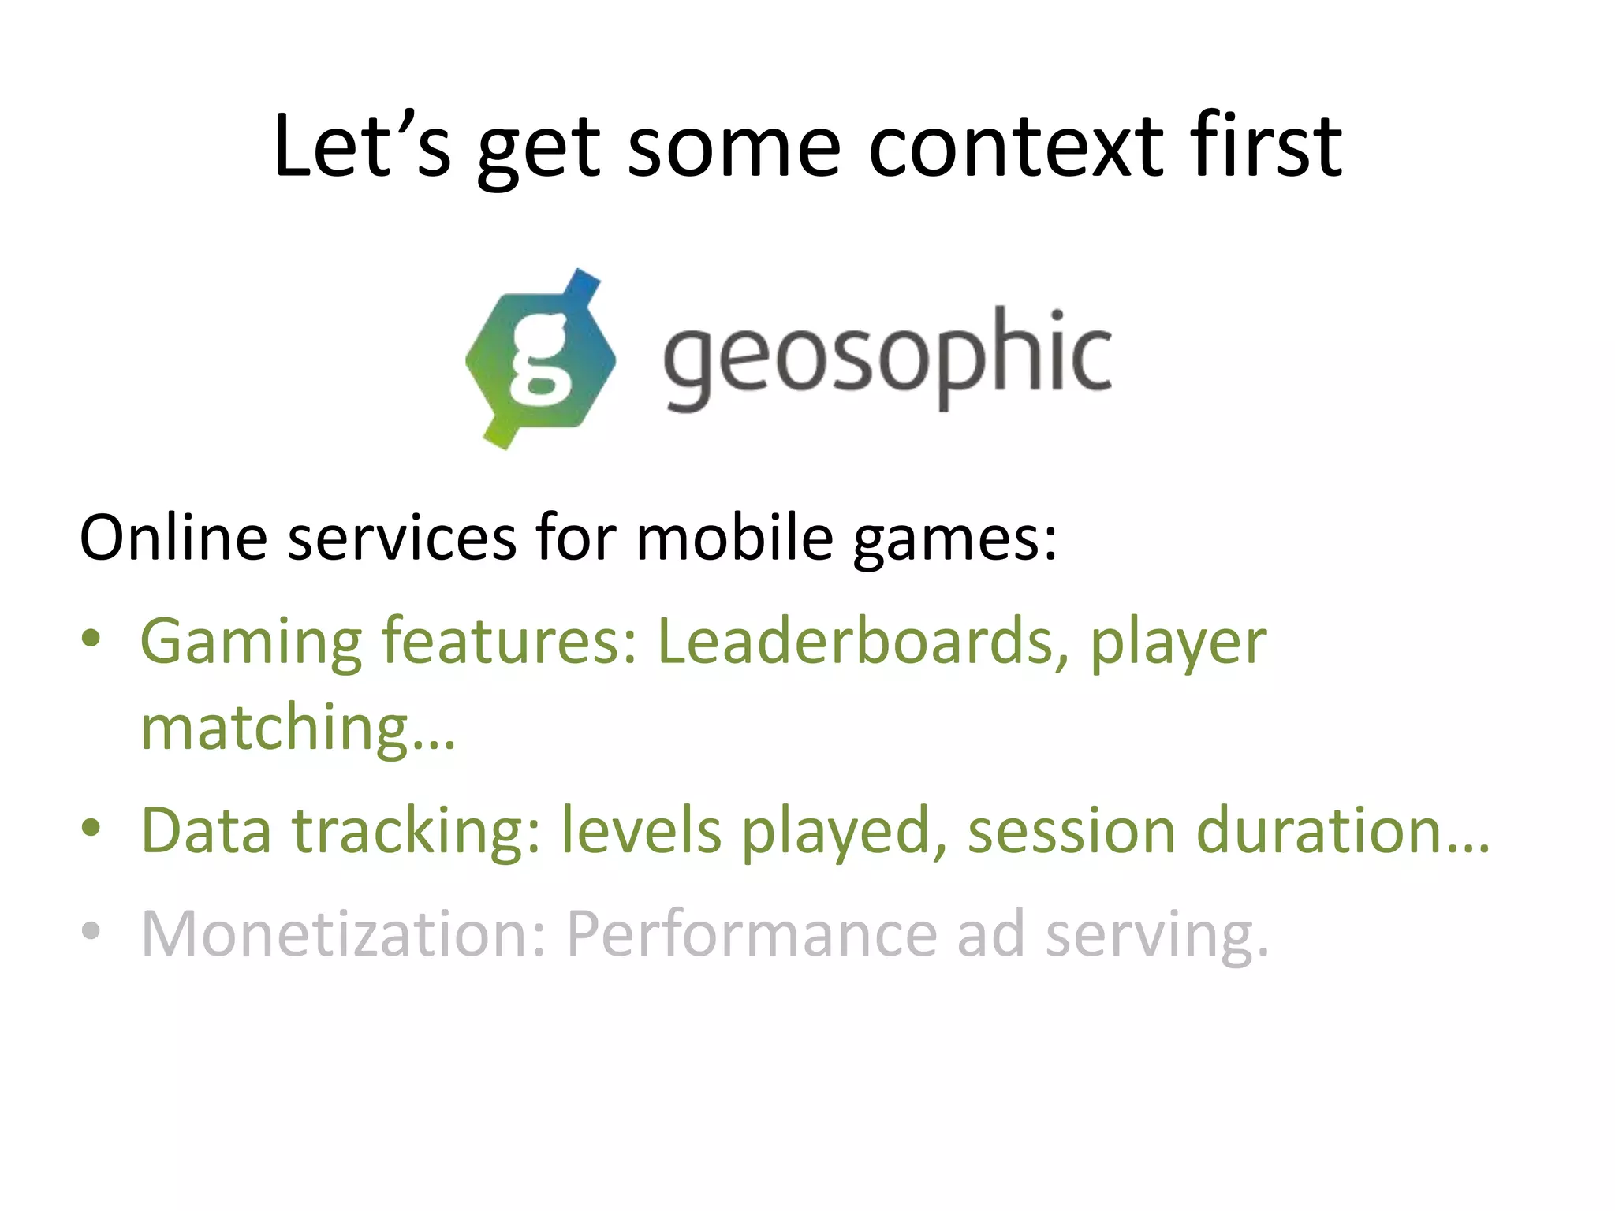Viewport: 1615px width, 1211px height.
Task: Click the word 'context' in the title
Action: coord(1016,147)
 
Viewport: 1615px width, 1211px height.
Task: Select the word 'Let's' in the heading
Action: coord(362,147)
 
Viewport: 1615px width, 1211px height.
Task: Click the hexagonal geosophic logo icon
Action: coord(541,360)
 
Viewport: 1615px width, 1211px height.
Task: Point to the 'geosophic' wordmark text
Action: coord(887,360)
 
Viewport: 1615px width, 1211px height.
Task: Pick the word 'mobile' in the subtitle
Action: coord(734,538)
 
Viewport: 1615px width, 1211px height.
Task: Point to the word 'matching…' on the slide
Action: coord(298,728)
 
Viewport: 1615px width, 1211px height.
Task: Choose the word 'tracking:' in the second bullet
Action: coord(416,831)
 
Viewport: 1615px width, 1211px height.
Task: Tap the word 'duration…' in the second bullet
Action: coord(1343,831)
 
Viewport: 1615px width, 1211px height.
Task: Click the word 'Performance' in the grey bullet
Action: coord(752,935)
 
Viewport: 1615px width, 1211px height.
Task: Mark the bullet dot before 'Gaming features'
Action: coord(91,638)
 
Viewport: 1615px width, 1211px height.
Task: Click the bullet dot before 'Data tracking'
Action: coord(91,828)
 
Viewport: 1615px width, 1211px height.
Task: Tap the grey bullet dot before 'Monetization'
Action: coord(91,930)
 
